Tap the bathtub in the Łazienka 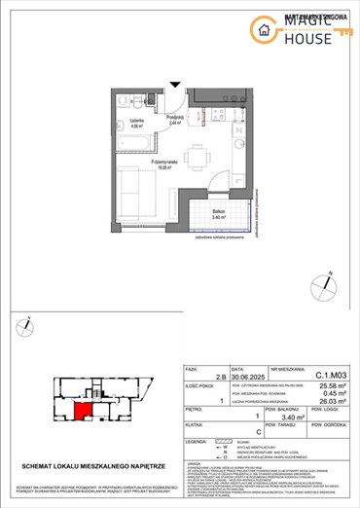[x=133, y=145]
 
